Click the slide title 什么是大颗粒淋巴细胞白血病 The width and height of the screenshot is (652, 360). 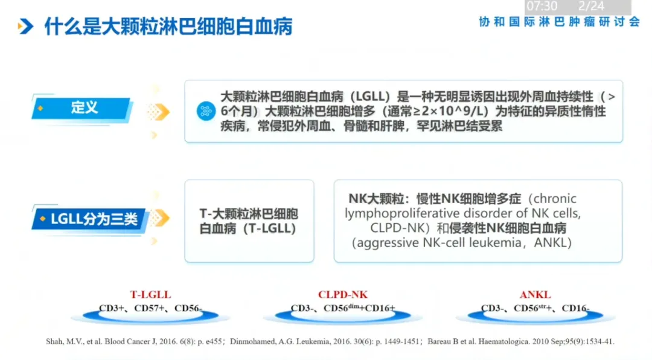168,27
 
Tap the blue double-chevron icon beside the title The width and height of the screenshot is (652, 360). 25,27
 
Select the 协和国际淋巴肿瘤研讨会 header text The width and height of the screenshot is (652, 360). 559,22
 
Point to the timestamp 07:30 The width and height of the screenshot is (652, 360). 542,7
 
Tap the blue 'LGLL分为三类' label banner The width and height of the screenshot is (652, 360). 91,219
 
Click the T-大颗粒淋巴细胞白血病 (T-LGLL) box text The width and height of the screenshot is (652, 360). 249,222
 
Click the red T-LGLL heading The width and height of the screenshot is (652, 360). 150,295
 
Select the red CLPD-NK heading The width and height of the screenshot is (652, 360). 342,295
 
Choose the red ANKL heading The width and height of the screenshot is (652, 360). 535,295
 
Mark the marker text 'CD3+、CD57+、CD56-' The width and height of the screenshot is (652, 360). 150,309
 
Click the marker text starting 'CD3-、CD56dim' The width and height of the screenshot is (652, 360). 342,309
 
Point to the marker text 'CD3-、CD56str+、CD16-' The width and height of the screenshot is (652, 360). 535,309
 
